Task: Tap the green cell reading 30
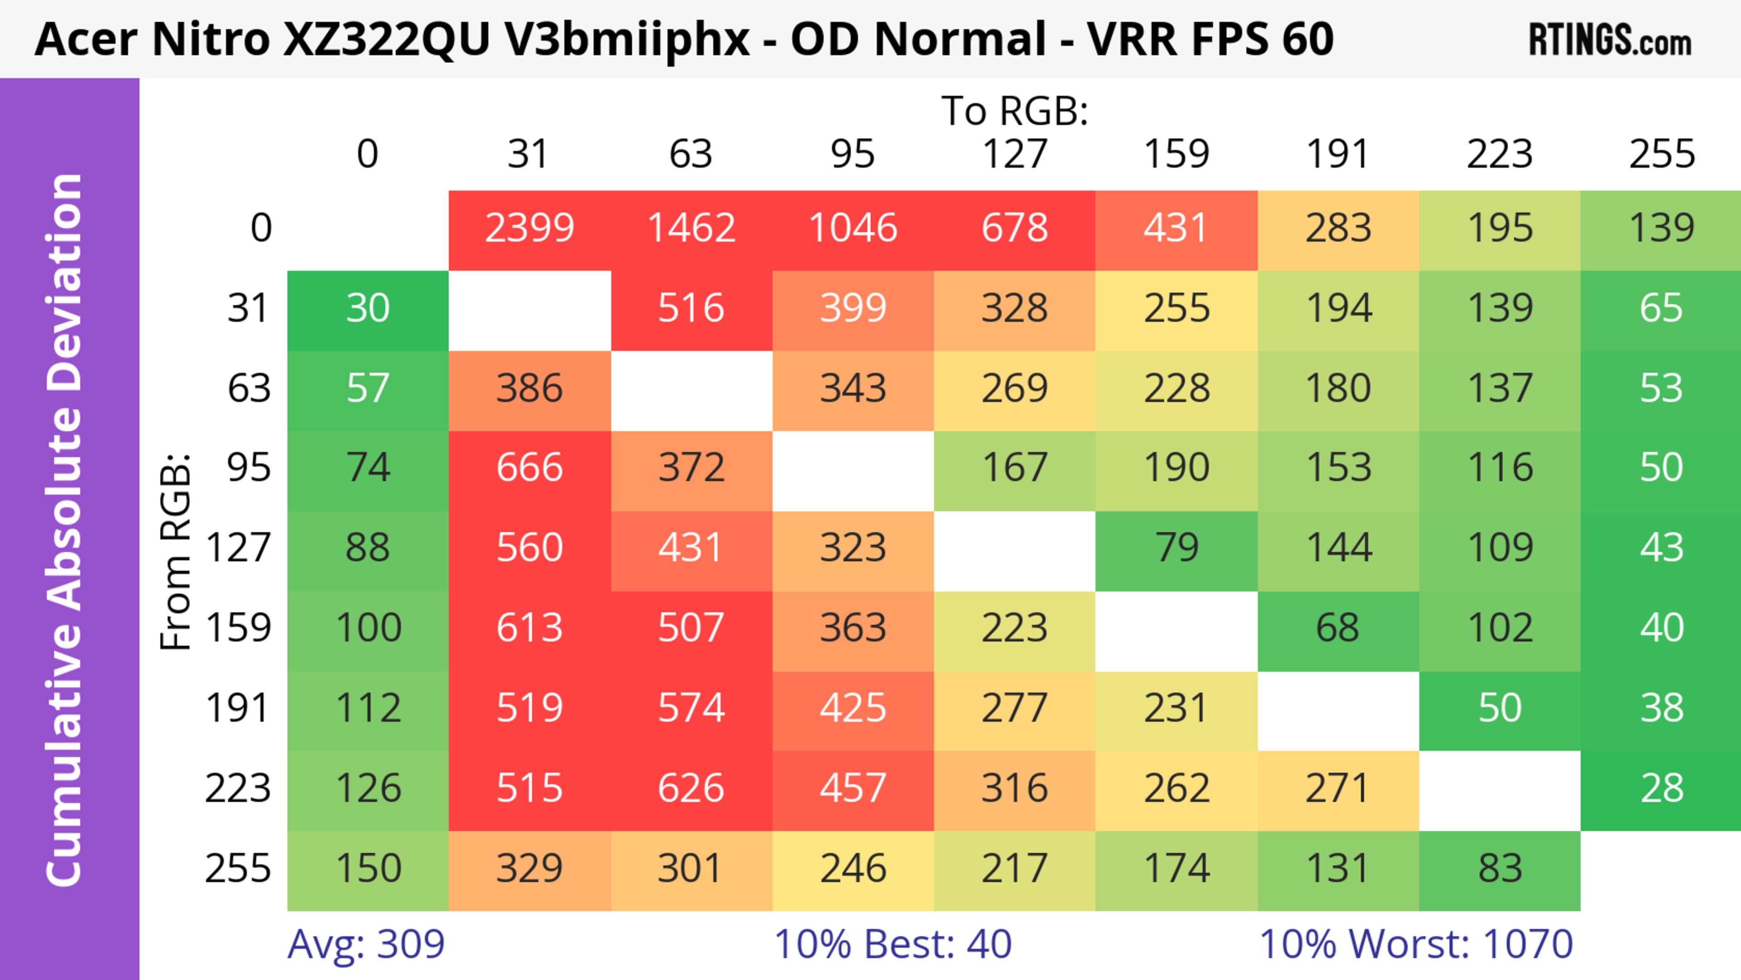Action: point(368,308)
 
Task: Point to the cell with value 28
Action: point(1661,788)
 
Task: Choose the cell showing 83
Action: point(1500,868)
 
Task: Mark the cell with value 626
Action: point(691,788)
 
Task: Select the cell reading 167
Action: point(1015,468)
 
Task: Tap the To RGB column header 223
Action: point(1500,154)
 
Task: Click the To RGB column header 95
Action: point(853,154)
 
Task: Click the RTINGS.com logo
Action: point(1610,40)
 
